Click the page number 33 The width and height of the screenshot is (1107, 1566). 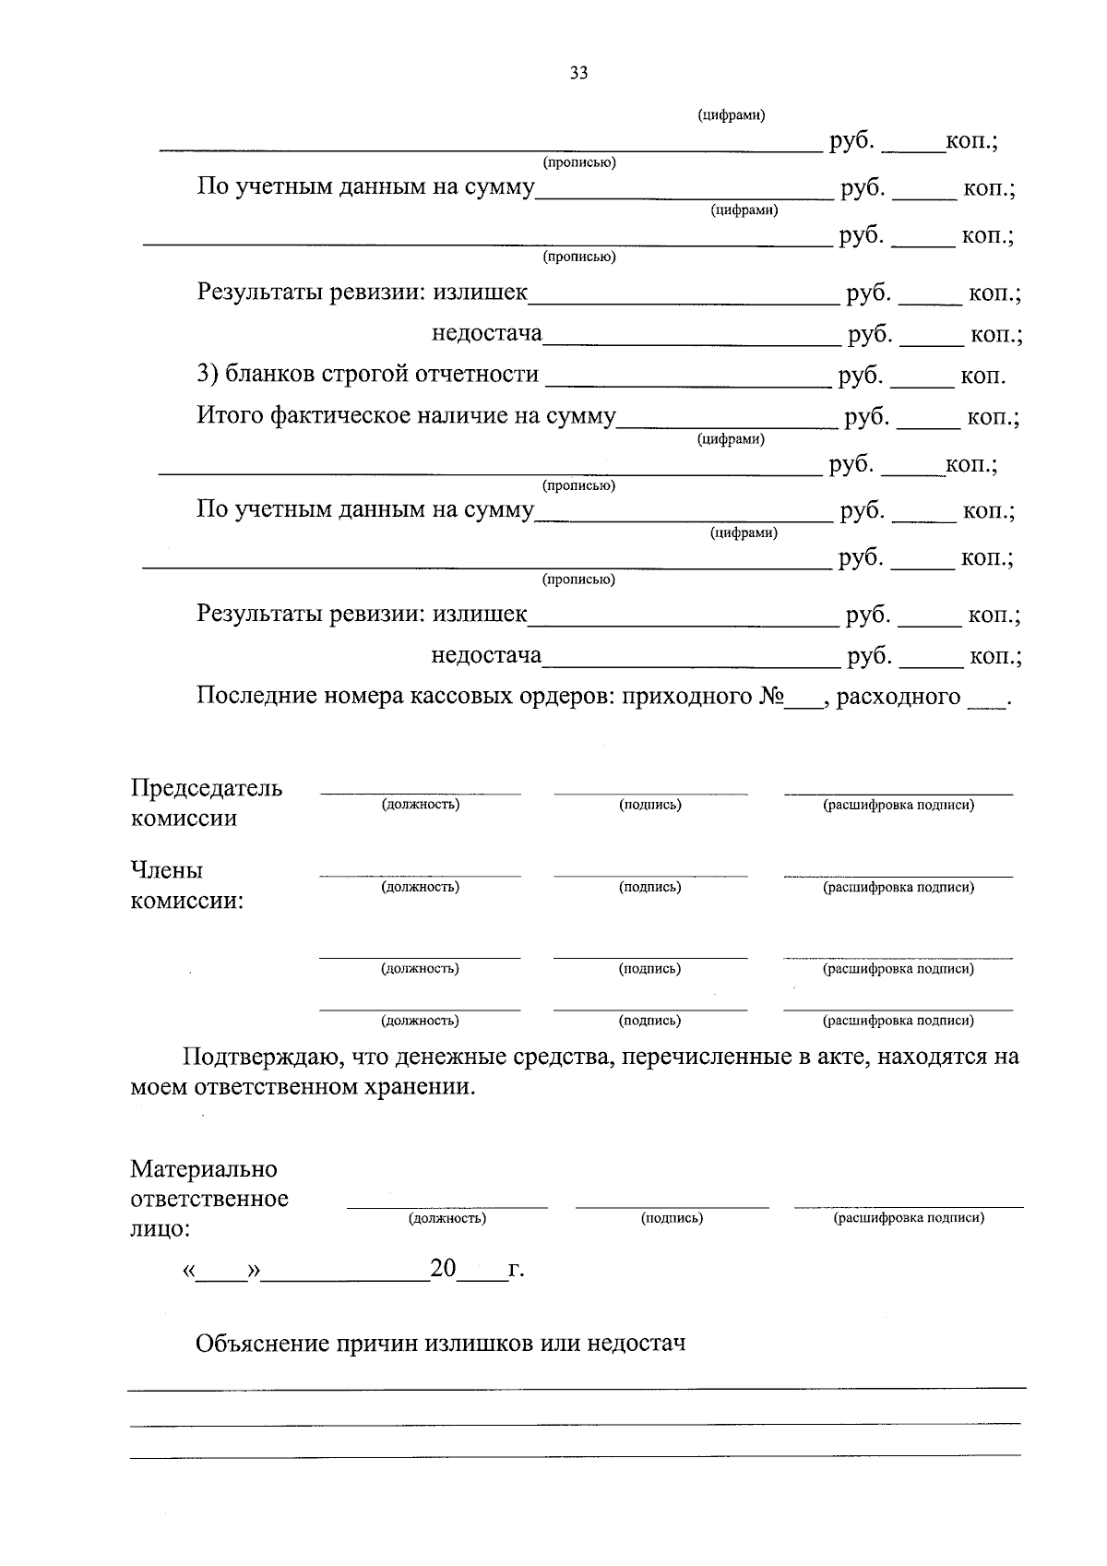[x=578, y=74]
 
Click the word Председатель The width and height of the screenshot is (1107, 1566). [x=207, y=788]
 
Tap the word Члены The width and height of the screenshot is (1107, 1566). [x=166, y=870]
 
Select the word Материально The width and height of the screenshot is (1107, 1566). [x=204, y=1169]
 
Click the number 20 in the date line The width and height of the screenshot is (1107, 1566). [x=443, y=1269]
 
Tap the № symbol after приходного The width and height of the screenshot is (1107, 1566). [x=771, y=697]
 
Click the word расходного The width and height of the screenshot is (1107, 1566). [x=899, y=697]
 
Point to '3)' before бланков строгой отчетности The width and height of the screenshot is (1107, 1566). [x=208, y=374]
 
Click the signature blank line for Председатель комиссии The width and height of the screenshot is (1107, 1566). [x=650, y=792]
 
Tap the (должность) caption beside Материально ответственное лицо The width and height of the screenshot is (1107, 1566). [x=447, y=1218]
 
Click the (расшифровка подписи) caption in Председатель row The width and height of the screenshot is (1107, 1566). [x=899, y=805]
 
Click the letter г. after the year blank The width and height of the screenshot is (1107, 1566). [x=516, y=1270]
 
